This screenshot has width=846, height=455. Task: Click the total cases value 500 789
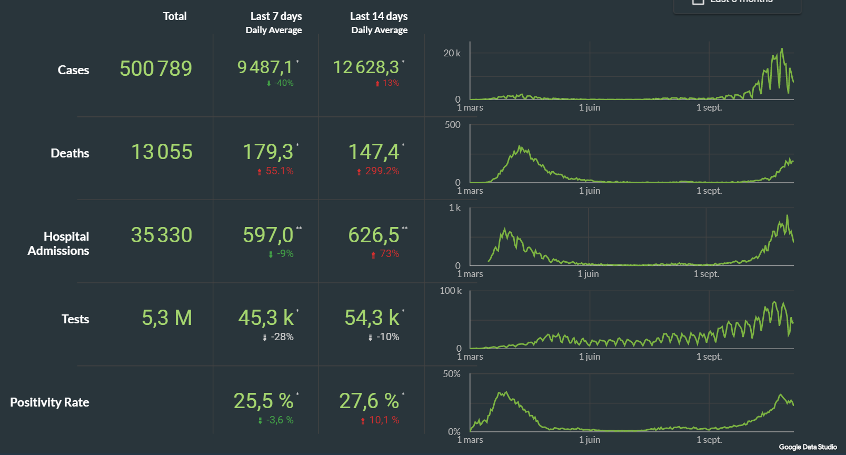(x=156, y=68)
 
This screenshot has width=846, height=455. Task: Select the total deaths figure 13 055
(x=162, y=152)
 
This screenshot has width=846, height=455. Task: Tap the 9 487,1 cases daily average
(x=265, y=67)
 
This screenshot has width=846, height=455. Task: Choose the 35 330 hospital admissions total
(x=162, y=235)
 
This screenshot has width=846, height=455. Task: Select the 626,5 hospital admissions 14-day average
(x=374, y=235)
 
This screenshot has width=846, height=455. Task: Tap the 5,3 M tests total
(x=167, y=318)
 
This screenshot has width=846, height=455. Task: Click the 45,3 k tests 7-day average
(x=266, y=318)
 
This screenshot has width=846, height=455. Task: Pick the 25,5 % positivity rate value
(x=263, y=401)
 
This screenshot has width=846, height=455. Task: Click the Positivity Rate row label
(x=49, y=402)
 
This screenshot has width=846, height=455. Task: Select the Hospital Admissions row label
(x=58, y=243)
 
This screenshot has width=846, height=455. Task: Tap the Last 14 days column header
(x=379, y=16)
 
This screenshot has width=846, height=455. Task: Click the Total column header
(x=175, y=16)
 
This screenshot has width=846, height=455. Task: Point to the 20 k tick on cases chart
(x=452, y=53)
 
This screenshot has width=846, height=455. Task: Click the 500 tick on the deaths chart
(x=452, y=125)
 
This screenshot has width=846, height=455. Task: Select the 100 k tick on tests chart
(x=451, y=291)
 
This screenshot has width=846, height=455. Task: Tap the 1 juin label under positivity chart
(x=590, y=440)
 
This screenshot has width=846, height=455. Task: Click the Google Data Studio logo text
(x=808, y=447)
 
